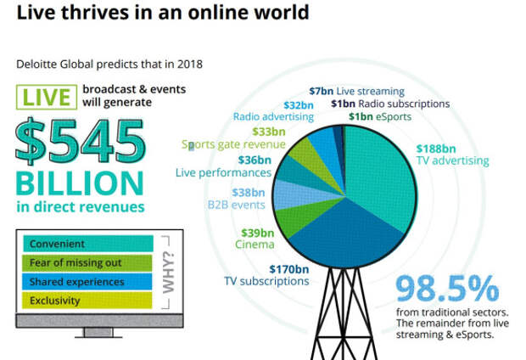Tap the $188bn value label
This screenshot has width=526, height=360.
tap(434, 147)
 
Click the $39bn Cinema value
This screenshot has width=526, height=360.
tap(255, 233)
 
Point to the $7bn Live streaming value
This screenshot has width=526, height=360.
tap(321, 90)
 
